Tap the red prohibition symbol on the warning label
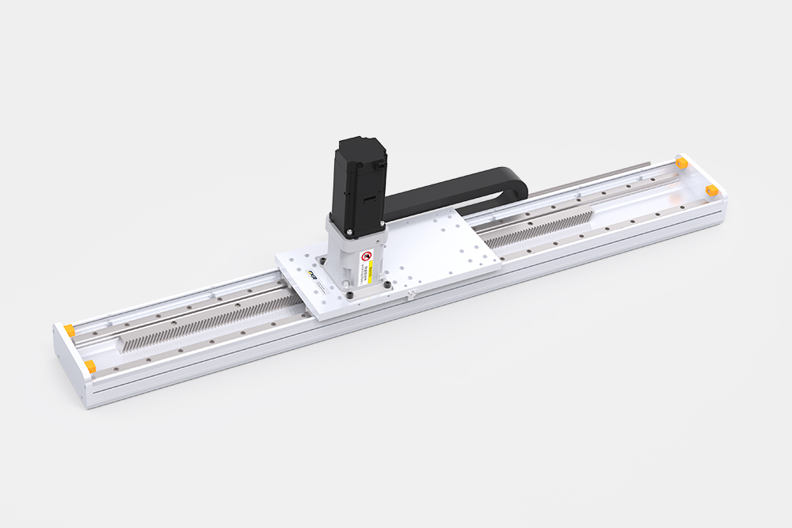[x=367, y=256]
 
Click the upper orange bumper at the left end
[x=70, y=329]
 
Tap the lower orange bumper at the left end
[x=90, y=366]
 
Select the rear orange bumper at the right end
[x=680, y=162]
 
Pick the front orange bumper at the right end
[x=711, y=190]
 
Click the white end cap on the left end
[x=67, y=364]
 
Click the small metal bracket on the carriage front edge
[x=412, y=295]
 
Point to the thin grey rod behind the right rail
[x=602, y=176]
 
